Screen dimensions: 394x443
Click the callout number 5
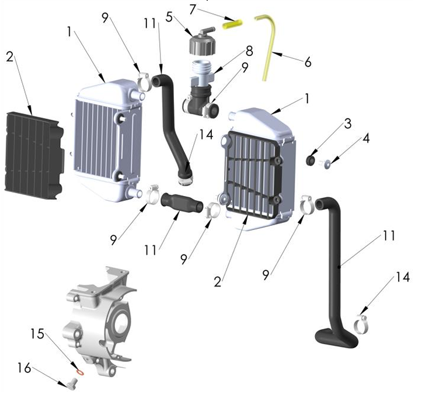pos(169,16)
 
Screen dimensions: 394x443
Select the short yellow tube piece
pos(232,24)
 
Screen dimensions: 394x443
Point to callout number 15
pos(37,333)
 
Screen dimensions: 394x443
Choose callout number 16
pos(23,368)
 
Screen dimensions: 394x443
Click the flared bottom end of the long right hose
pos(336,337)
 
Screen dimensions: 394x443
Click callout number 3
pos(347,124)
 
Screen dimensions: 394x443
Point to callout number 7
pos(193,8)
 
